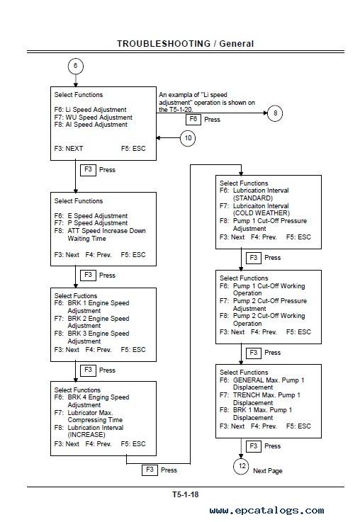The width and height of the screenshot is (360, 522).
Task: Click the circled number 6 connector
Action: (76, 66)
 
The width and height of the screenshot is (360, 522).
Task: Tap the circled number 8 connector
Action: (275, 113)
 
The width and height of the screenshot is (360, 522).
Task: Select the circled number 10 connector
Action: (188, 138)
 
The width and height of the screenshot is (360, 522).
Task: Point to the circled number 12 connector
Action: (242, 466)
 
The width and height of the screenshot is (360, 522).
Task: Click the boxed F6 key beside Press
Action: (193, 119)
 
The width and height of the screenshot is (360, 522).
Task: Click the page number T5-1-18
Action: (185, 494)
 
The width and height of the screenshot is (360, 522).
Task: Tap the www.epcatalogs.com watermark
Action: (266, 511)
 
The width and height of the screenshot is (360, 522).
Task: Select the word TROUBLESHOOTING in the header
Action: (164, 44)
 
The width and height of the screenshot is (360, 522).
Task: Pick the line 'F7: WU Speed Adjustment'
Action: (94, 117)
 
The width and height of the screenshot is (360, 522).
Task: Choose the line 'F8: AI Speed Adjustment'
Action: (91, 125)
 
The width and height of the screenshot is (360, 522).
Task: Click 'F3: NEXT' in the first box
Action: (69, 149)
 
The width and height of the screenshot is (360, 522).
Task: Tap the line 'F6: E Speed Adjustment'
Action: (91, 216)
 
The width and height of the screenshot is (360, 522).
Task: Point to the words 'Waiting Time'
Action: (86, 239)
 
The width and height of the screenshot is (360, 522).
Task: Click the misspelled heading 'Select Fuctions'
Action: (76, 295)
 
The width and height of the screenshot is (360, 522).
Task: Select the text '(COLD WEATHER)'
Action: (261, 213)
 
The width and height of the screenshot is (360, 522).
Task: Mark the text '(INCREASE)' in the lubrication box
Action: (86, 435)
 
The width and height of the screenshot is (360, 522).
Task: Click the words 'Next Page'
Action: (267, 471)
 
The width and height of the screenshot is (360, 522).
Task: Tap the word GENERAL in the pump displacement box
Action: (248, 380)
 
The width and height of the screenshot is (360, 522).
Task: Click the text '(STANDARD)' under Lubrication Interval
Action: (253, 198)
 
